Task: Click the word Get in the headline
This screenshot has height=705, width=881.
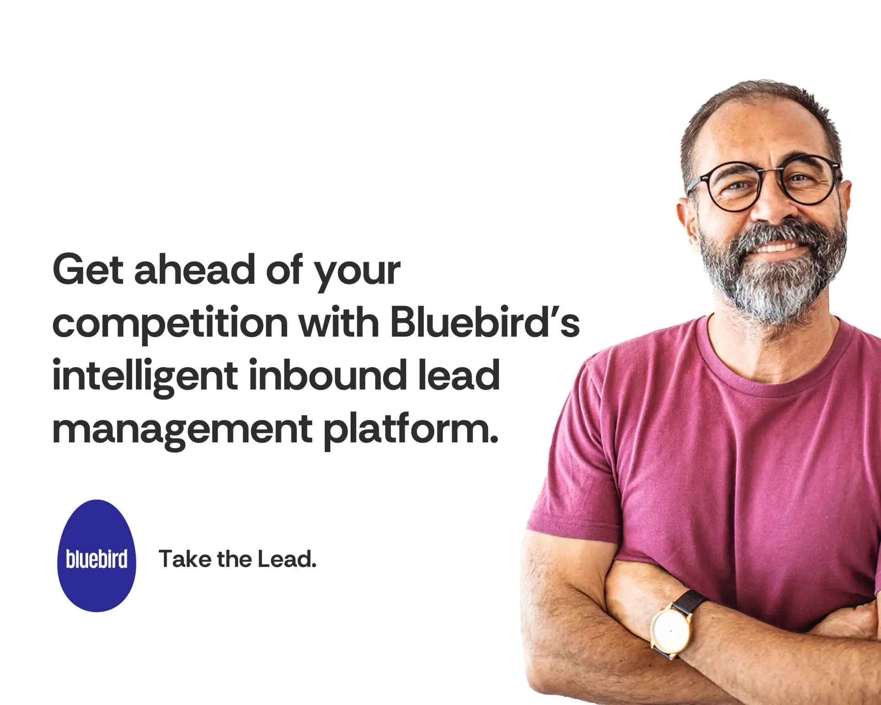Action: coord(88,270)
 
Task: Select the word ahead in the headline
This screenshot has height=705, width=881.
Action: coord(194,270)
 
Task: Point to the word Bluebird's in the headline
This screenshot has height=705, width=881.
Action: coord(485,322)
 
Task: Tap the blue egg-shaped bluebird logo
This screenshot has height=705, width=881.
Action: coord(96,556)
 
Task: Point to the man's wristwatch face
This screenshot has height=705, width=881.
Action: coord(671,631)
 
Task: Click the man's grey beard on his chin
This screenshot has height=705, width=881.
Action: coord(775,289)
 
